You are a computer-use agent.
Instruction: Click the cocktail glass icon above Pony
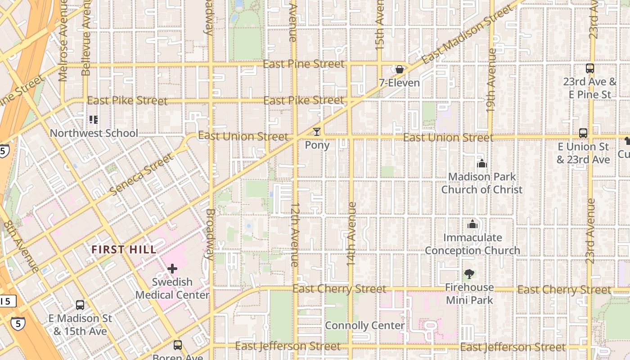click(x=317, y=132)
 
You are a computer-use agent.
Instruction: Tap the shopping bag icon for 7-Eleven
click(x=399, y=69)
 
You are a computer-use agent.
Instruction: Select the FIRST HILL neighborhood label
click(x=124, y=249)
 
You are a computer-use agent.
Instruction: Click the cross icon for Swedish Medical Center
click(x=172, y=269)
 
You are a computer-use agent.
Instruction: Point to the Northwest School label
click(x=94, y=133)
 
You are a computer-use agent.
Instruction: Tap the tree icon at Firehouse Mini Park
click(x=469, y=274)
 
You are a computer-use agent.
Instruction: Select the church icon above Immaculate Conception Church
click(x=472, y=224)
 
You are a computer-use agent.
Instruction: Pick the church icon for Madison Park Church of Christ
click(x=482, y=163)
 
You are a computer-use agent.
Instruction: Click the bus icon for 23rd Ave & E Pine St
click(x=589, y=69)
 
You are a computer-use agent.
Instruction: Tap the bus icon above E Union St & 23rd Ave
click(x=583, y=133)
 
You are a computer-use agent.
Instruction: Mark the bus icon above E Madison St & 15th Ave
click(x=80, y=305)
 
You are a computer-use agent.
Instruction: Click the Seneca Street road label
click(x=141, y=174)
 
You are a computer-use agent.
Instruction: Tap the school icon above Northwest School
click(x=94, y=120)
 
